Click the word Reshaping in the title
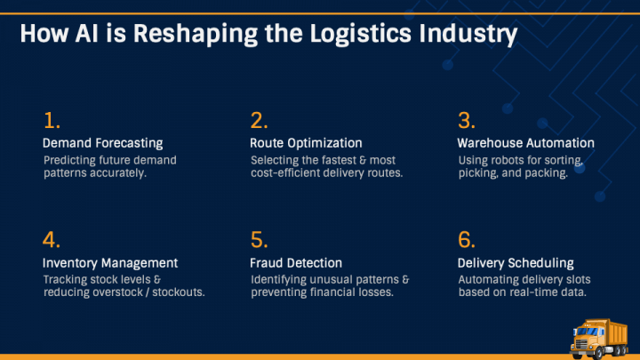coord(196,34)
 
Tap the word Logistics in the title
coord(360,34)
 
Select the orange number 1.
coord(52,120)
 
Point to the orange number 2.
coord(259,120)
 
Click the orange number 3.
coord(467,120)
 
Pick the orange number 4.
coord(52,240)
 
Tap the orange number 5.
coord(260,240)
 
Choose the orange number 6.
coord(467,240)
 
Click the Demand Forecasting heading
coord(103,143)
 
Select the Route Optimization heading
coord(306,143)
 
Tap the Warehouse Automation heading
coord(525,143)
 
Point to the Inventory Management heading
coord(110,263)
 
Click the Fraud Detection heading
coord(296,263)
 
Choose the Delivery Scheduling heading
coord(516,263)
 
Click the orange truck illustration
coord(599,339)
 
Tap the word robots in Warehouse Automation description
coord(500,160)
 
